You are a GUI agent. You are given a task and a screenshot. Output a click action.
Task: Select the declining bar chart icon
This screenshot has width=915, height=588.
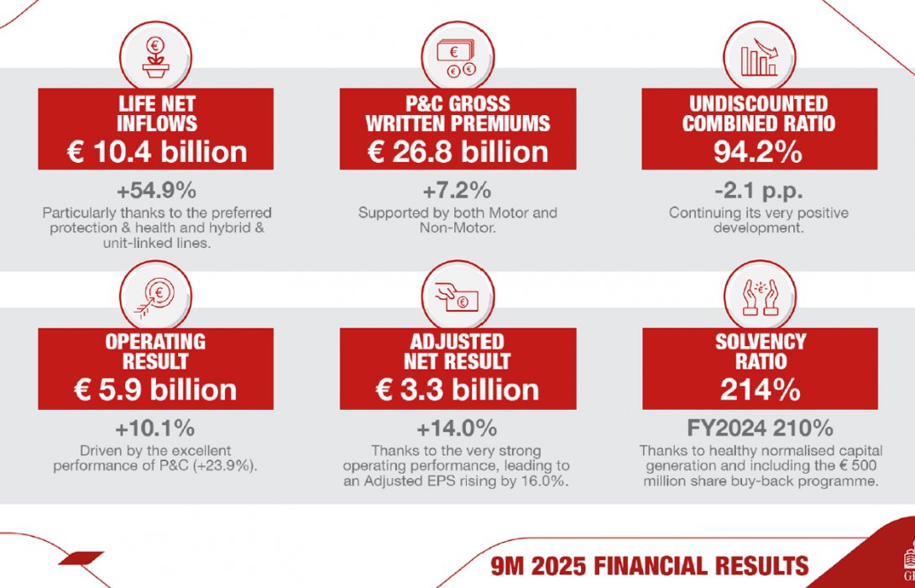[760, 57]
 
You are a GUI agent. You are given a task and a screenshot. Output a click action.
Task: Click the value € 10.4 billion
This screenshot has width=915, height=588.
[156, 152]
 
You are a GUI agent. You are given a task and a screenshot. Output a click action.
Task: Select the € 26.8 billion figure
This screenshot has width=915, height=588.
[457, 152]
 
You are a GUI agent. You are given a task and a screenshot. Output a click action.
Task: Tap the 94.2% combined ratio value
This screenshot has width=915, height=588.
[759, 152]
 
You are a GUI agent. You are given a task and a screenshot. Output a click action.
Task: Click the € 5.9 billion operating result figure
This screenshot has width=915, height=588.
[156, 391]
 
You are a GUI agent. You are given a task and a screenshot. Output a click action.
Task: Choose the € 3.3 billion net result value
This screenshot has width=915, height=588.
[457, 391]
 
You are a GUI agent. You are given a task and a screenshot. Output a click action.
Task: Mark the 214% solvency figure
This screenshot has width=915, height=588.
[759, 391]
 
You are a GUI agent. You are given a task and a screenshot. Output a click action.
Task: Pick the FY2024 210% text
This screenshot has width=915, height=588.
[759, 428]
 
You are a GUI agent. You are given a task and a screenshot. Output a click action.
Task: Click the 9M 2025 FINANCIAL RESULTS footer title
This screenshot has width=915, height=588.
[651, 565]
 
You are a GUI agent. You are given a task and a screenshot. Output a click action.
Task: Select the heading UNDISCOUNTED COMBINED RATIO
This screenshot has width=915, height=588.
[759, 114]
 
